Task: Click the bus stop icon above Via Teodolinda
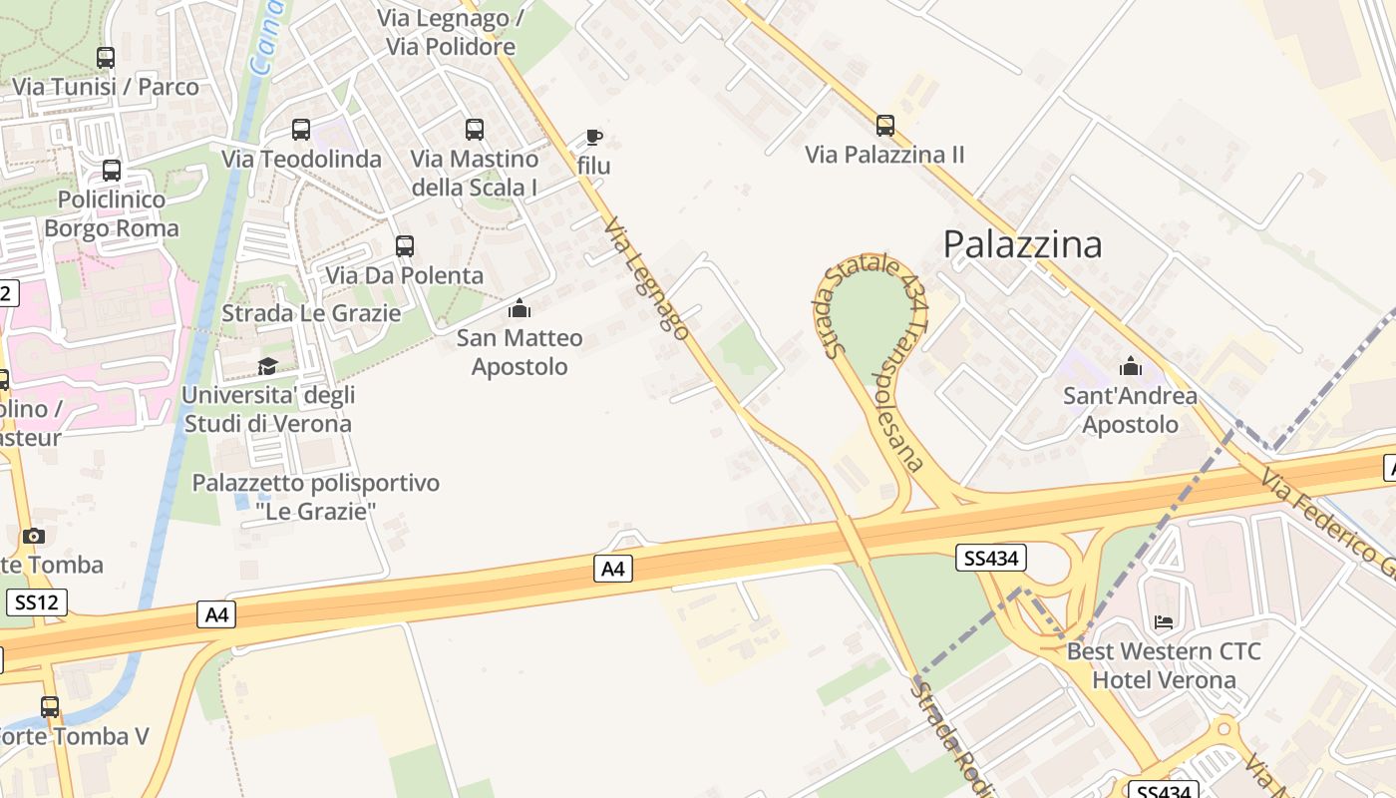[301, 130]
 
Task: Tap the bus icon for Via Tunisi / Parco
[106, 58]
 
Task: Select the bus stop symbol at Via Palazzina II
[885, 126]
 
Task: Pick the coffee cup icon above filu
[594, 137]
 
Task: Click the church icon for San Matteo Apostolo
[520, 308]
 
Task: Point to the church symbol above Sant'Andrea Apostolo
[1131, 366]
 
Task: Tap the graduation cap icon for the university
[267, 366]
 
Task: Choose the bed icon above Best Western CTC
[1164, 622]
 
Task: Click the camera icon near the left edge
[34, 537]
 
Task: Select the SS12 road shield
[38, 602]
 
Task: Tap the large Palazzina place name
[1022, 244]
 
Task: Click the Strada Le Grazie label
[311, 313]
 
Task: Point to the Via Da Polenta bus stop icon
[405, 246]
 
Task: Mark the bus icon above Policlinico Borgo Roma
[112, 171]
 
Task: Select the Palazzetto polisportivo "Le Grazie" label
[316, 497]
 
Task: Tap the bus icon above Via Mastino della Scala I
[475, 130]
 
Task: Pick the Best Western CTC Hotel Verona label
[1164, 666]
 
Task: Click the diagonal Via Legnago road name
[646, 279]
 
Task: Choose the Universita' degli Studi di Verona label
[268, 409]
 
